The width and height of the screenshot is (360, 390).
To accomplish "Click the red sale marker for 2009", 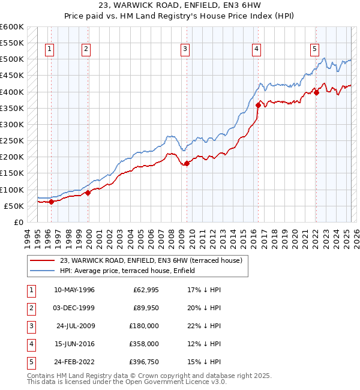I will (187, 163).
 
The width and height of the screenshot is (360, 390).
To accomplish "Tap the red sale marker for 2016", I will (258, 105).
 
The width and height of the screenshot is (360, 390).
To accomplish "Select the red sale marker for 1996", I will (51, 202).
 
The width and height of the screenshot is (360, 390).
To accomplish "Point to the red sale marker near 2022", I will (316, 92).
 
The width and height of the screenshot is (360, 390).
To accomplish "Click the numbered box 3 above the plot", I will (185, 49).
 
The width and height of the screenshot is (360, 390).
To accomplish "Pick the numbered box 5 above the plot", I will (314, 49).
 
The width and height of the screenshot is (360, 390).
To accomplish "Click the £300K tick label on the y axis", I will (11, 124).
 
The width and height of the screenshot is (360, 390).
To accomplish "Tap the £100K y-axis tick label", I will (11, 190).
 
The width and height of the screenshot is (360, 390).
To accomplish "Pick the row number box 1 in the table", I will (30, 290).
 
